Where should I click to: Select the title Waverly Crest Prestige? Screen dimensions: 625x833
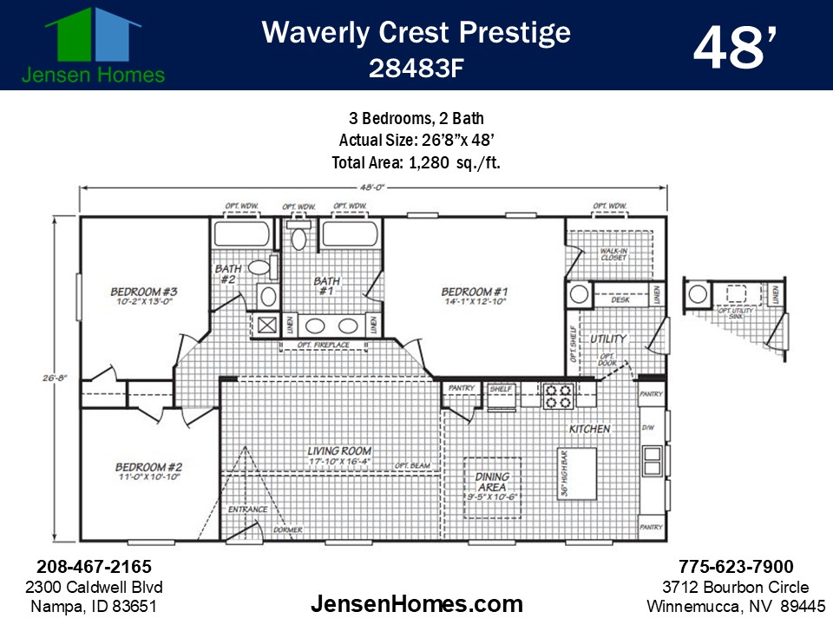[x=416, y=32]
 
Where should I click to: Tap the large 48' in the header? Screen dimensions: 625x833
[x=733, y=47]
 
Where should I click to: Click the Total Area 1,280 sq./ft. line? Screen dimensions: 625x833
[x=416, y=162]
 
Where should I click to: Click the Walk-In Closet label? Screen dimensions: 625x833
[x=613, y=253]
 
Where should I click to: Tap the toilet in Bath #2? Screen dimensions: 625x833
[x=260, y=268]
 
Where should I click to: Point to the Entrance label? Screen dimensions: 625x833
[x=247, y=510]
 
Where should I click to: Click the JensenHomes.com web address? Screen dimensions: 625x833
[x=416, y=604]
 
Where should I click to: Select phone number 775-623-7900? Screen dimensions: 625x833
[x=736, y=567]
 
